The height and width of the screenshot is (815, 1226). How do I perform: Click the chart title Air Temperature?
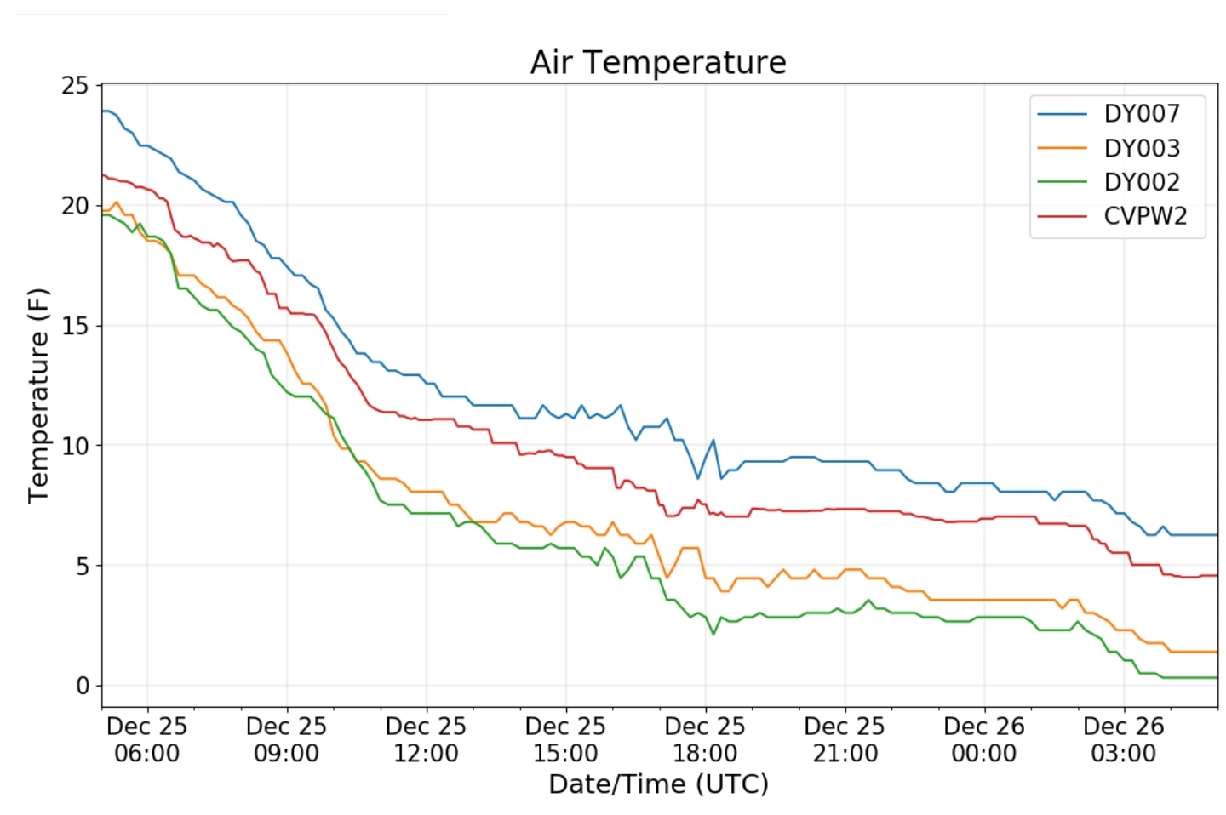coord(657,63)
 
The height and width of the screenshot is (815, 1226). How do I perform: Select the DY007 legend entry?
coord(1141,114)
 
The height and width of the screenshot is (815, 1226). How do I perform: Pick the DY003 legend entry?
coord(1141,148)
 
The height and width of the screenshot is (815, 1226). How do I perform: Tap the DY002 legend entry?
coord(1141,182)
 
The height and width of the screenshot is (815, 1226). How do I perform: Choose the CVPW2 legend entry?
coord(1144,216)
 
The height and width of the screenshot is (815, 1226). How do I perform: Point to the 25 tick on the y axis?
coord(75,85)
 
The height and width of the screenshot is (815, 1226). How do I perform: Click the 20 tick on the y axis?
coord(75,206)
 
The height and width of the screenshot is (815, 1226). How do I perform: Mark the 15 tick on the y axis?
coord(75,326)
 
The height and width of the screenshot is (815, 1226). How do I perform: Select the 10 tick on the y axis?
coord(75,446)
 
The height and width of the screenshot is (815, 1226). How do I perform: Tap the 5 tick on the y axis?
coord(82,566)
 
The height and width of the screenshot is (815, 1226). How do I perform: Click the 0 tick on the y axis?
coord(82,686)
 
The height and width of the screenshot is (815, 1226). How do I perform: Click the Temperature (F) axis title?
coord(38,396)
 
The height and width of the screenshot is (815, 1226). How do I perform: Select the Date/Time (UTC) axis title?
coord(658,784)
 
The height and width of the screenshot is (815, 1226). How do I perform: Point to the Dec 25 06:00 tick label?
coord(146,739)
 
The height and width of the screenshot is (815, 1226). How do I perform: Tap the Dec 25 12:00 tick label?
coord(426,739)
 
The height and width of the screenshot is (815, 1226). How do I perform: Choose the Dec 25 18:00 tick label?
coord(705,739)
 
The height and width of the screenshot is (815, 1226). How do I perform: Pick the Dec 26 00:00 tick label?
coord(984,739)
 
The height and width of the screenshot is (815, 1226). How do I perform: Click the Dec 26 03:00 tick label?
coord(1124,739)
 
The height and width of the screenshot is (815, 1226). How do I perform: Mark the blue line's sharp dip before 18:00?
coord(698,478)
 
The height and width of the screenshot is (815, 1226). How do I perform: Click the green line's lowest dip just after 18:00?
coord(713,634)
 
